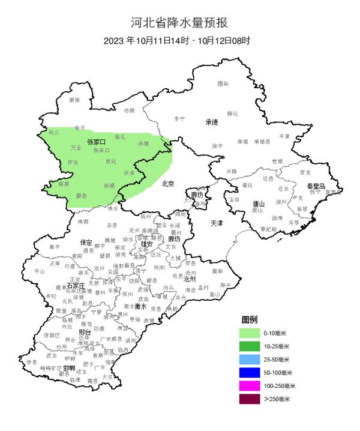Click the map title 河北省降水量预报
pos(179,23)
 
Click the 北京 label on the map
pos(168,184)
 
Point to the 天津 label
pos(217,223)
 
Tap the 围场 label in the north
pos(223,83)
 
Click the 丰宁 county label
pos(179,119)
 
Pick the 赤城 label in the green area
pos(144,144)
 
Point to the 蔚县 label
pos(81,196)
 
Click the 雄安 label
pos(147,244)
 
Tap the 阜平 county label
pos(55,247)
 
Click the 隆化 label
pos(233,113)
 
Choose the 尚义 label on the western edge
pos(53,131)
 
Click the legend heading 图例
pos(249,319)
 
